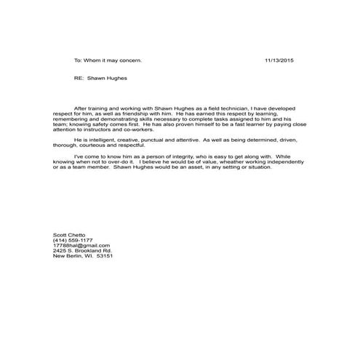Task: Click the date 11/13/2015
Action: pos(280,60)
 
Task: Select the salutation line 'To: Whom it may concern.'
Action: pos(104,60)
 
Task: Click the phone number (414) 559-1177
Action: pos(73,241)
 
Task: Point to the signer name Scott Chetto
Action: pos(70,235)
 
